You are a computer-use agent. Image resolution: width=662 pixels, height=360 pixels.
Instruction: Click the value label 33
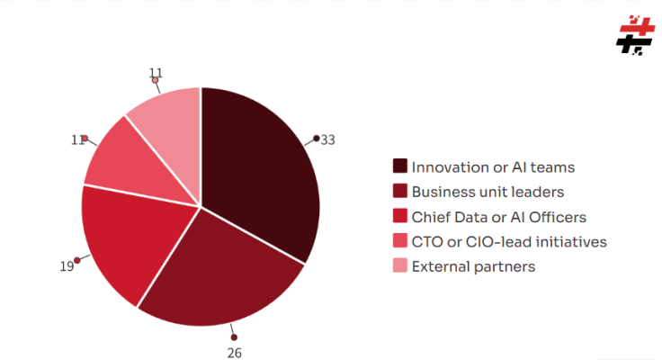328,139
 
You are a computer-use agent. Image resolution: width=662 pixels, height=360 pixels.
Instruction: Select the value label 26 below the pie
235,352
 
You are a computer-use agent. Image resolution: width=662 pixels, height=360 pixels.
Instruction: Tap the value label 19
67,266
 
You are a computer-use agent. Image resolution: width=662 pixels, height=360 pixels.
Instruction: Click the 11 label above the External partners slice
156,72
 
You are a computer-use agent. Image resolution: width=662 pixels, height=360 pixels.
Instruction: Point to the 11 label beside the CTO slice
77,139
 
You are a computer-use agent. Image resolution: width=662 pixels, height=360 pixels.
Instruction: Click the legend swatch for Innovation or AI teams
400,166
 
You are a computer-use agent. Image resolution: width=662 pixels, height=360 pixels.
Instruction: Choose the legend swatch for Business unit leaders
400,192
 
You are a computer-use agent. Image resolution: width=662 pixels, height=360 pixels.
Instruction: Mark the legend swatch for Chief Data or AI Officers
400,217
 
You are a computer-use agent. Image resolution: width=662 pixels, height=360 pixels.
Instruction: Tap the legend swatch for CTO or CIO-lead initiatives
400,241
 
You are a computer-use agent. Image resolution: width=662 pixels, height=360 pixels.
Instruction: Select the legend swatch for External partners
400,266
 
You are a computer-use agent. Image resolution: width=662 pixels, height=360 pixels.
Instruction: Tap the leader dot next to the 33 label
317,138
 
